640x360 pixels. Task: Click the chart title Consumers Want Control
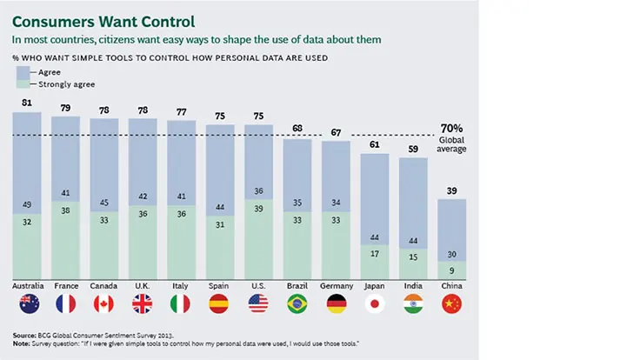coord(103,19)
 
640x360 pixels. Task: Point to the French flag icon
coord(67,303)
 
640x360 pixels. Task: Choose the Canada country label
coord(105,285)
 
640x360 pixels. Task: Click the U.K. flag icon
coord(143,303)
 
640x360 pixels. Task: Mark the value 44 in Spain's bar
coord(220,208)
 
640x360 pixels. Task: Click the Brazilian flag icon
coord(297,303)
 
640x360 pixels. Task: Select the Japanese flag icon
coord(374,303)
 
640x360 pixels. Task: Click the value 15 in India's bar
coord(413,257)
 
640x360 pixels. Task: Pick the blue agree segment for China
coord(451,226)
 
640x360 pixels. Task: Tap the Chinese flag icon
coord(451,303)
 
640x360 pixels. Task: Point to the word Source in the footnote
coord(24,334)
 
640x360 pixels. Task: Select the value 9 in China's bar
coord(451,269)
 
